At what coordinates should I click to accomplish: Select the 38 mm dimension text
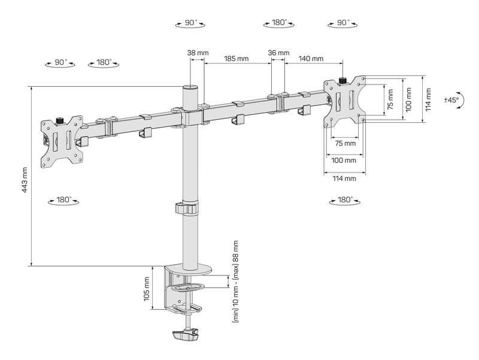[x=198, y=53]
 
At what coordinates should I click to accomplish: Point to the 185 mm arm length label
[x=236, y=59]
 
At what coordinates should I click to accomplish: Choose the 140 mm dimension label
[x=311, y=59]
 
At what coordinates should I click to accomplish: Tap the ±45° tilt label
[x=451, y=100]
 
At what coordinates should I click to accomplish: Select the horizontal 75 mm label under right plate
[x=344, y=144]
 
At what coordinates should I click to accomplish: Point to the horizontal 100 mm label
[x=344, y=161]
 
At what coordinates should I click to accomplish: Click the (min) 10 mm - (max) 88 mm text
[x=235, y=282]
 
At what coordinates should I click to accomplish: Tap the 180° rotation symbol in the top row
[x=278, y=23]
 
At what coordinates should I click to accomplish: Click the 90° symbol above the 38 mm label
[x=190, y=23]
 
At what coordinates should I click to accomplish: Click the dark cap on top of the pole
[x=190, y=87]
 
